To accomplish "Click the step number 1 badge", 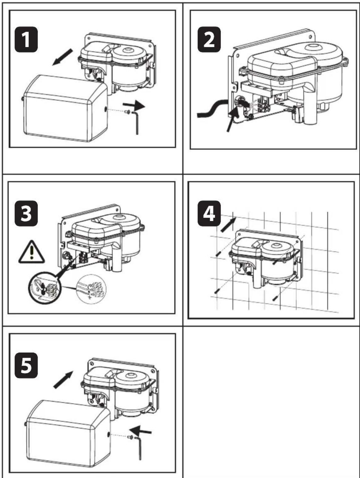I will [x=26, y=39].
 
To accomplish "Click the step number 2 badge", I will [x=209, y=39].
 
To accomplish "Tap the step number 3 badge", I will [x=26, y=213].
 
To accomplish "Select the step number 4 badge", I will [x=209, y=213].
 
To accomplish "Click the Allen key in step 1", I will [x=136, y=122].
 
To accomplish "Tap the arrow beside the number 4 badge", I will [x=228, y=224].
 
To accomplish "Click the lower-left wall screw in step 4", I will [x=217, y=291].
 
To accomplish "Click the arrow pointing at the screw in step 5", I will [x=141, y=430].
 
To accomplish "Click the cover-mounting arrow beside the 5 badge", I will [x=63, y=379].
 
